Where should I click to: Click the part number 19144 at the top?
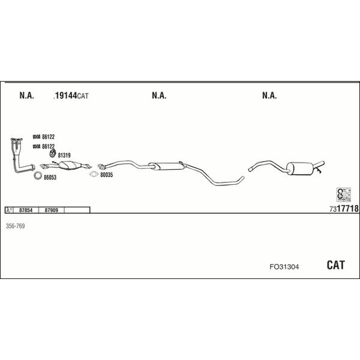click(x=66, y=95)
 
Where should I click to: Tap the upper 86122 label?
click(x=49, y=137)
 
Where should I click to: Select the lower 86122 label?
click(x=49, y=146)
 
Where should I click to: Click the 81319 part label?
click(x=64, y=155)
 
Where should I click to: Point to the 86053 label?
click(x=50, y=178)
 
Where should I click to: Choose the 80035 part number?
click(x=107, y=175)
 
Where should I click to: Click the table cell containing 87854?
click(x=26, y=210)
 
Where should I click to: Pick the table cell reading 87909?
click(x=52, y=210)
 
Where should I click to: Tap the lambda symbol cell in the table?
click(x=9, y=210)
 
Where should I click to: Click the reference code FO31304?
click(x=284, y=267)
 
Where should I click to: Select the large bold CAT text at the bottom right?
click(x=335, y=265)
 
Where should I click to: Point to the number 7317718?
click(x=344, y=209)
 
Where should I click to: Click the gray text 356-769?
click(x=15, y=226)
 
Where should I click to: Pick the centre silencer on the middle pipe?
click(x=167, y=166)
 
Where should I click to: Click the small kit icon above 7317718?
click(x=343, y=194)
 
